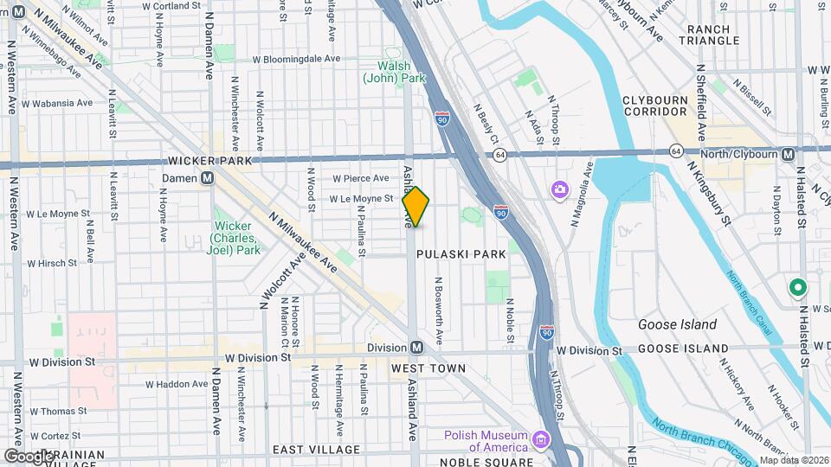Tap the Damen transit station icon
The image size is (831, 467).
point(208,178)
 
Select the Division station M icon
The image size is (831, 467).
point(416,348)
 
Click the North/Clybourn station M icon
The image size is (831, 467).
point(788,154)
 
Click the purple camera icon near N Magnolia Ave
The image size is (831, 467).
point(560,189)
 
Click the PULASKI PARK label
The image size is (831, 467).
point(460,254)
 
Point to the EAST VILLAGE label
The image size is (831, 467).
point(316,450)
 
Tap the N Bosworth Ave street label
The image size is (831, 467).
point(439,309)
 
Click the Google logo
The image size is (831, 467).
point(29,456)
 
